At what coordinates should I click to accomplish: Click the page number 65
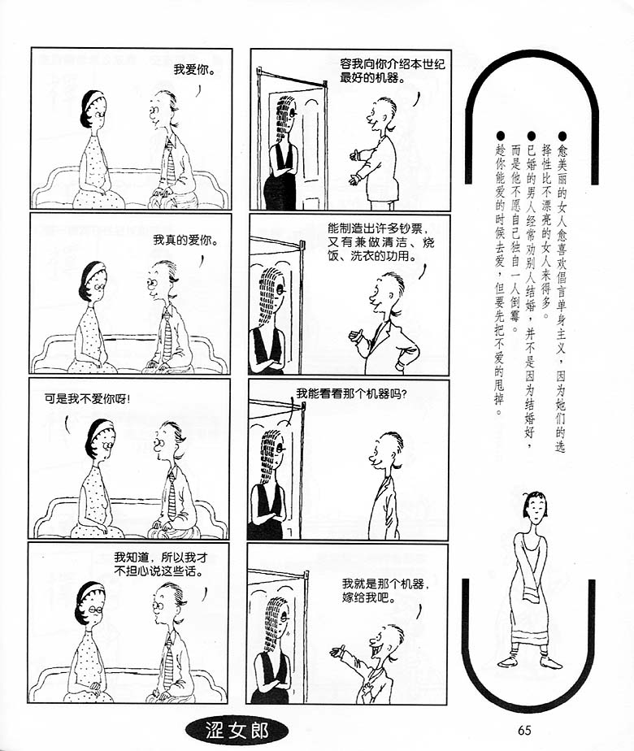(524, 729)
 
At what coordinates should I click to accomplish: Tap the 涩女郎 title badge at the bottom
(237, 731)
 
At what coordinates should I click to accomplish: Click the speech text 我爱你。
(194, 70)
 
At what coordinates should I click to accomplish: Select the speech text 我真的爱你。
(185, 240)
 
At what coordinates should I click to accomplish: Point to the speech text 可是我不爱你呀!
(87, 398)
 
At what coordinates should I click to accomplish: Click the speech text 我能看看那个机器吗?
(351, 393)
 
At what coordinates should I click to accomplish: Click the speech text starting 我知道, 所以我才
(161, 564)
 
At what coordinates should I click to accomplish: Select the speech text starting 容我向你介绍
(392, 71)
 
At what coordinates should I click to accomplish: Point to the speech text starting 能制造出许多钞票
(381, 242)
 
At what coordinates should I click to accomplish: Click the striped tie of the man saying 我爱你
(171, 163)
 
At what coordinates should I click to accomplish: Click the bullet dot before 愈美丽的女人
(562, 137)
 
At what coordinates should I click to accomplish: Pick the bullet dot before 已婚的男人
(531, 137)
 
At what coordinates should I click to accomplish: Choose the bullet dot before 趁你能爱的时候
(501, 137)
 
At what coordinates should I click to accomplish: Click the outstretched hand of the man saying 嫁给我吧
(337, 651)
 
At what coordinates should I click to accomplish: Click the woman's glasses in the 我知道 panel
(96, 609)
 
